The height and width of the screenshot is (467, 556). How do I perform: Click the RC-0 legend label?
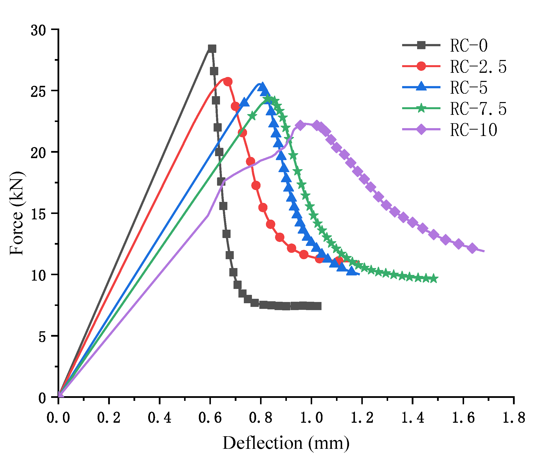[x=469, y=45]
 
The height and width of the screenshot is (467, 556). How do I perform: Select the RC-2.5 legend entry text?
[x=478, y=67]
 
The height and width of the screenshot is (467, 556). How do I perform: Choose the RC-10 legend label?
[x=473, y=130]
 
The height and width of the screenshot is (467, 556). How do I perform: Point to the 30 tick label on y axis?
[x=38, y=31]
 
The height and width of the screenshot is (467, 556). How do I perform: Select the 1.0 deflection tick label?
[x=311, y=418]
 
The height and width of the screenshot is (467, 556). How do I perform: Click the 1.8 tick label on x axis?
[x=514, y=418]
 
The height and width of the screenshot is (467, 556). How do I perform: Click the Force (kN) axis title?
[x=16, y=213]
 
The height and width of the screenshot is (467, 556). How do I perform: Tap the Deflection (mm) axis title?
[x=286, y=444]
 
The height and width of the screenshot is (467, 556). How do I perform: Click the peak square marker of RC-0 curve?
[x=212, y=49]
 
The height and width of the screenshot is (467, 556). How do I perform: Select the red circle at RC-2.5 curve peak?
[x=228, y=82]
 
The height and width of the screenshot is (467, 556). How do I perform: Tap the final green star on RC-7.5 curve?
[x=433, y=279]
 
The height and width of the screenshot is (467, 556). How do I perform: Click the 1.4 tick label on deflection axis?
[x=412, y=418]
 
